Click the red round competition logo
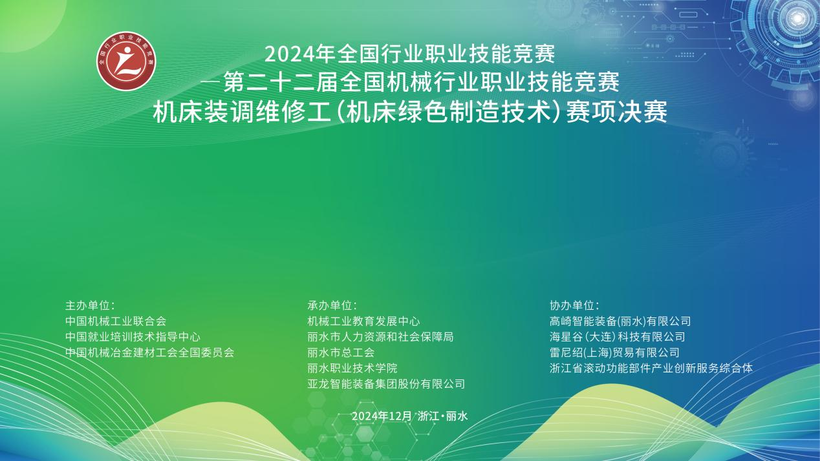coord(126,61)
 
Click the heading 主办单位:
coord(90,306)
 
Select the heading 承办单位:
coord(332,306)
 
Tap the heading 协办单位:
coord(574,306)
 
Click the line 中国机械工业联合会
coord(116,321)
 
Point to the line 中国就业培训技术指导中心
coord(133,337)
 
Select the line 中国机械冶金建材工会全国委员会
coord(150,352)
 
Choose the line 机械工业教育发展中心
coord(363,321)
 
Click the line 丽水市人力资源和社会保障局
coord(381,337)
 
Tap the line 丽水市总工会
coord(341,352)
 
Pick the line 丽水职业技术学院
coord(352,368)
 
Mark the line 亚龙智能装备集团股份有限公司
coord(386,384)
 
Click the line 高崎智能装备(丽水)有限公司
coord(620,321)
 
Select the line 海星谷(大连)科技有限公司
coord(617,337)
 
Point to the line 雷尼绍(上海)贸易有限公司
coord(614,352)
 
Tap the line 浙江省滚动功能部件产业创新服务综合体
coord(651,368)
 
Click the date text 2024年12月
coord(382,416)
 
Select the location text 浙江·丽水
coord(443,416)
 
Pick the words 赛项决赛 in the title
coord(616,113)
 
